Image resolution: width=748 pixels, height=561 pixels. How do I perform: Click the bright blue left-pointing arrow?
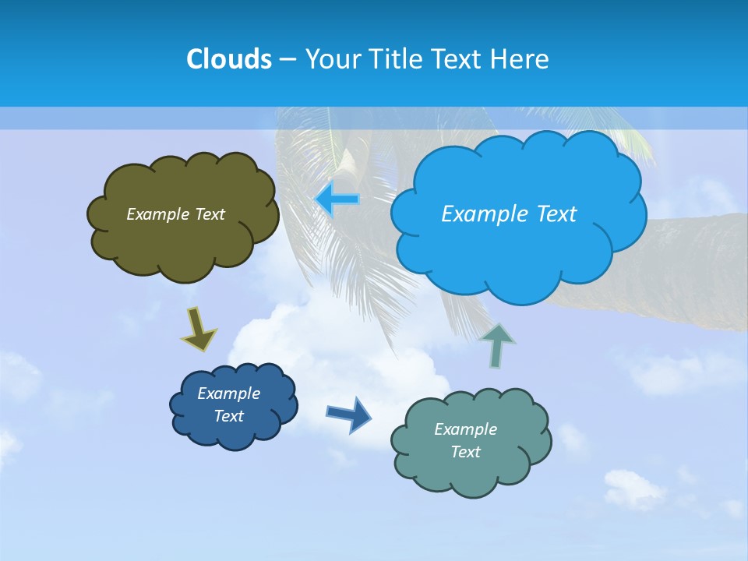(x=337, y=199)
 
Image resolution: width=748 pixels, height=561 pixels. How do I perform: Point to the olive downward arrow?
(x=198, y=329)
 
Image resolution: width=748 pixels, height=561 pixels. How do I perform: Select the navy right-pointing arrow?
(x=348, y=414)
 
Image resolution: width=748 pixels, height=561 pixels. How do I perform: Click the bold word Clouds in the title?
(x=229, y=59)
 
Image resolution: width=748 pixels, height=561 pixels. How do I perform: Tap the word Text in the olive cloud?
(x=209, y=214)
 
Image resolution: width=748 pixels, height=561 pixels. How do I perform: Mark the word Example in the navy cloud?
(x=228, y=393)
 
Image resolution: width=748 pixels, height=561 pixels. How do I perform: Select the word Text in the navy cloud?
(x=228, y=416)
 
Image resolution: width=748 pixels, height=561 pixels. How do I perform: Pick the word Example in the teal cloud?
(x=465, y=429)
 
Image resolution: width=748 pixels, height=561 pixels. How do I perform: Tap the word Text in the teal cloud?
(x=465, y=452)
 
